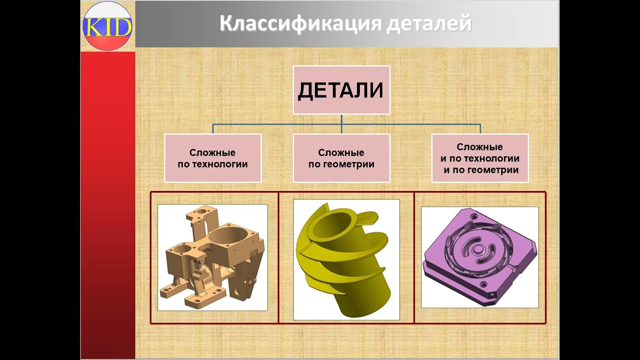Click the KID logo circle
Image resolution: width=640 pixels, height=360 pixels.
[x=107, y=25]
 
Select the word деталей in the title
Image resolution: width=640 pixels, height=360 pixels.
[x=429, y=24]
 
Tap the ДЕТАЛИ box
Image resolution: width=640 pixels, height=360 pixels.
[x=341, y=90]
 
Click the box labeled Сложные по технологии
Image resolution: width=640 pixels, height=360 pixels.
[x=212, y=158]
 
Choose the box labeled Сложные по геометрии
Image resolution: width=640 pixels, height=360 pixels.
[x=341, y=158]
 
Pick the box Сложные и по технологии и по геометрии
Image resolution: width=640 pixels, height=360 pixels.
[x=479, y=158]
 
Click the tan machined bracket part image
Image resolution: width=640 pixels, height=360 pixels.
[x=212, y=257]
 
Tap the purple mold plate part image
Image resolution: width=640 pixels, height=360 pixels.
[x=479, y=257]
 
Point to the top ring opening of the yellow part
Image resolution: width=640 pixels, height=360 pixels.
[x=330, y=222]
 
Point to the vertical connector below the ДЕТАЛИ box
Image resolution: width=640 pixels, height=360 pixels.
[x=341, y=120]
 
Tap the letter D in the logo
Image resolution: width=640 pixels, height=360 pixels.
[x=123, y=27]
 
